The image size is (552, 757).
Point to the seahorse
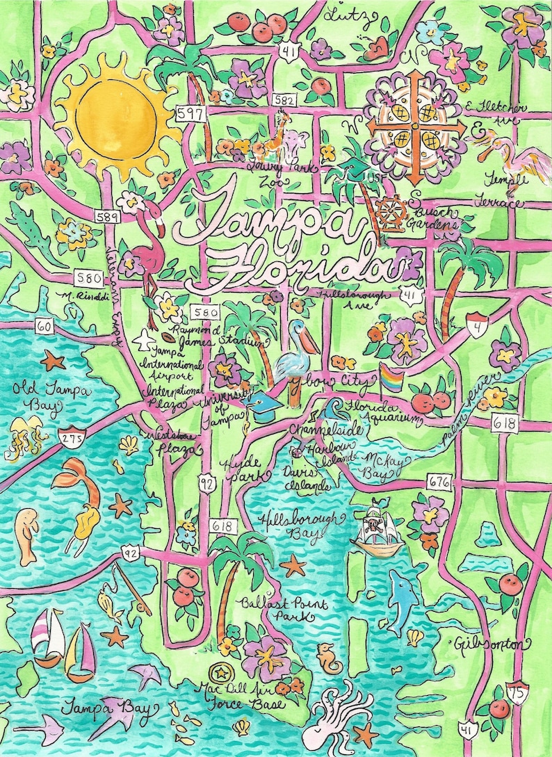pos(325,656)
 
